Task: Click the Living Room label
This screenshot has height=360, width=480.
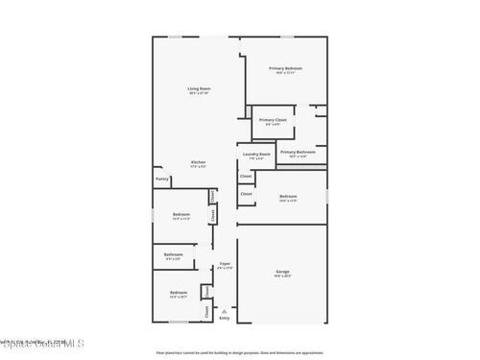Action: pyautogui.click(x=199, y=88)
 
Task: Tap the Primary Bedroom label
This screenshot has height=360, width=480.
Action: pyautogui.click(x=285, y=68)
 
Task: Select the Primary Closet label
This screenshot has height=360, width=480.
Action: pyautogui.click(x=273, y=120)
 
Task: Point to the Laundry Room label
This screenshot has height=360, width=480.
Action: pyautogui.click(x=256, y=154)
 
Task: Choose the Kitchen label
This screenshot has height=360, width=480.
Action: pyautogui.click(x=198, y=162)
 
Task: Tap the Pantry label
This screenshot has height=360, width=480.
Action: pyautogui.click(x=162, y=179)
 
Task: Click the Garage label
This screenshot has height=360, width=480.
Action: pyautogui.click(x=282, y=272)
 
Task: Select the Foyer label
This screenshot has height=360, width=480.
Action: pyautogui.click(x=225, y=263)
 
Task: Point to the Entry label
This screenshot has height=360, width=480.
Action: pyautogui.click(x=225, y=318)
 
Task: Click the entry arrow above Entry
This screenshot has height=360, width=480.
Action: pyautogui.click(x=225, y=310)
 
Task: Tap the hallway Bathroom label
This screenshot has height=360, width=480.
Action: pyautogui.click(x=174, y=254)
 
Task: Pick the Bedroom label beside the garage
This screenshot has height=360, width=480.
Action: pyautogui.click(x=288, y=196)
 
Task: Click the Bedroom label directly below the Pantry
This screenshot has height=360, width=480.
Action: pyautogui.click(x=180, y=214)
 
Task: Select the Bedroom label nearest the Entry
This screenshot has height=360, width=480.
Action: pyautogui.click(x=179, y=292)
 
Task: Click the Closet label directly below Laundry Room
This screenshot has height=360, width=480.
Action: pyautogui.click(x=246, y=177)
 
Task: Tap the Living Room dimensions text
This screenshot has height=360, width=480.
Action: pyautogui.click(x=199, y=93)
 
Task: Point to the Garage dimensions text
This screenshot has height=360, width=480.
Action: pyautogui.click(x=282, y=276)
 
